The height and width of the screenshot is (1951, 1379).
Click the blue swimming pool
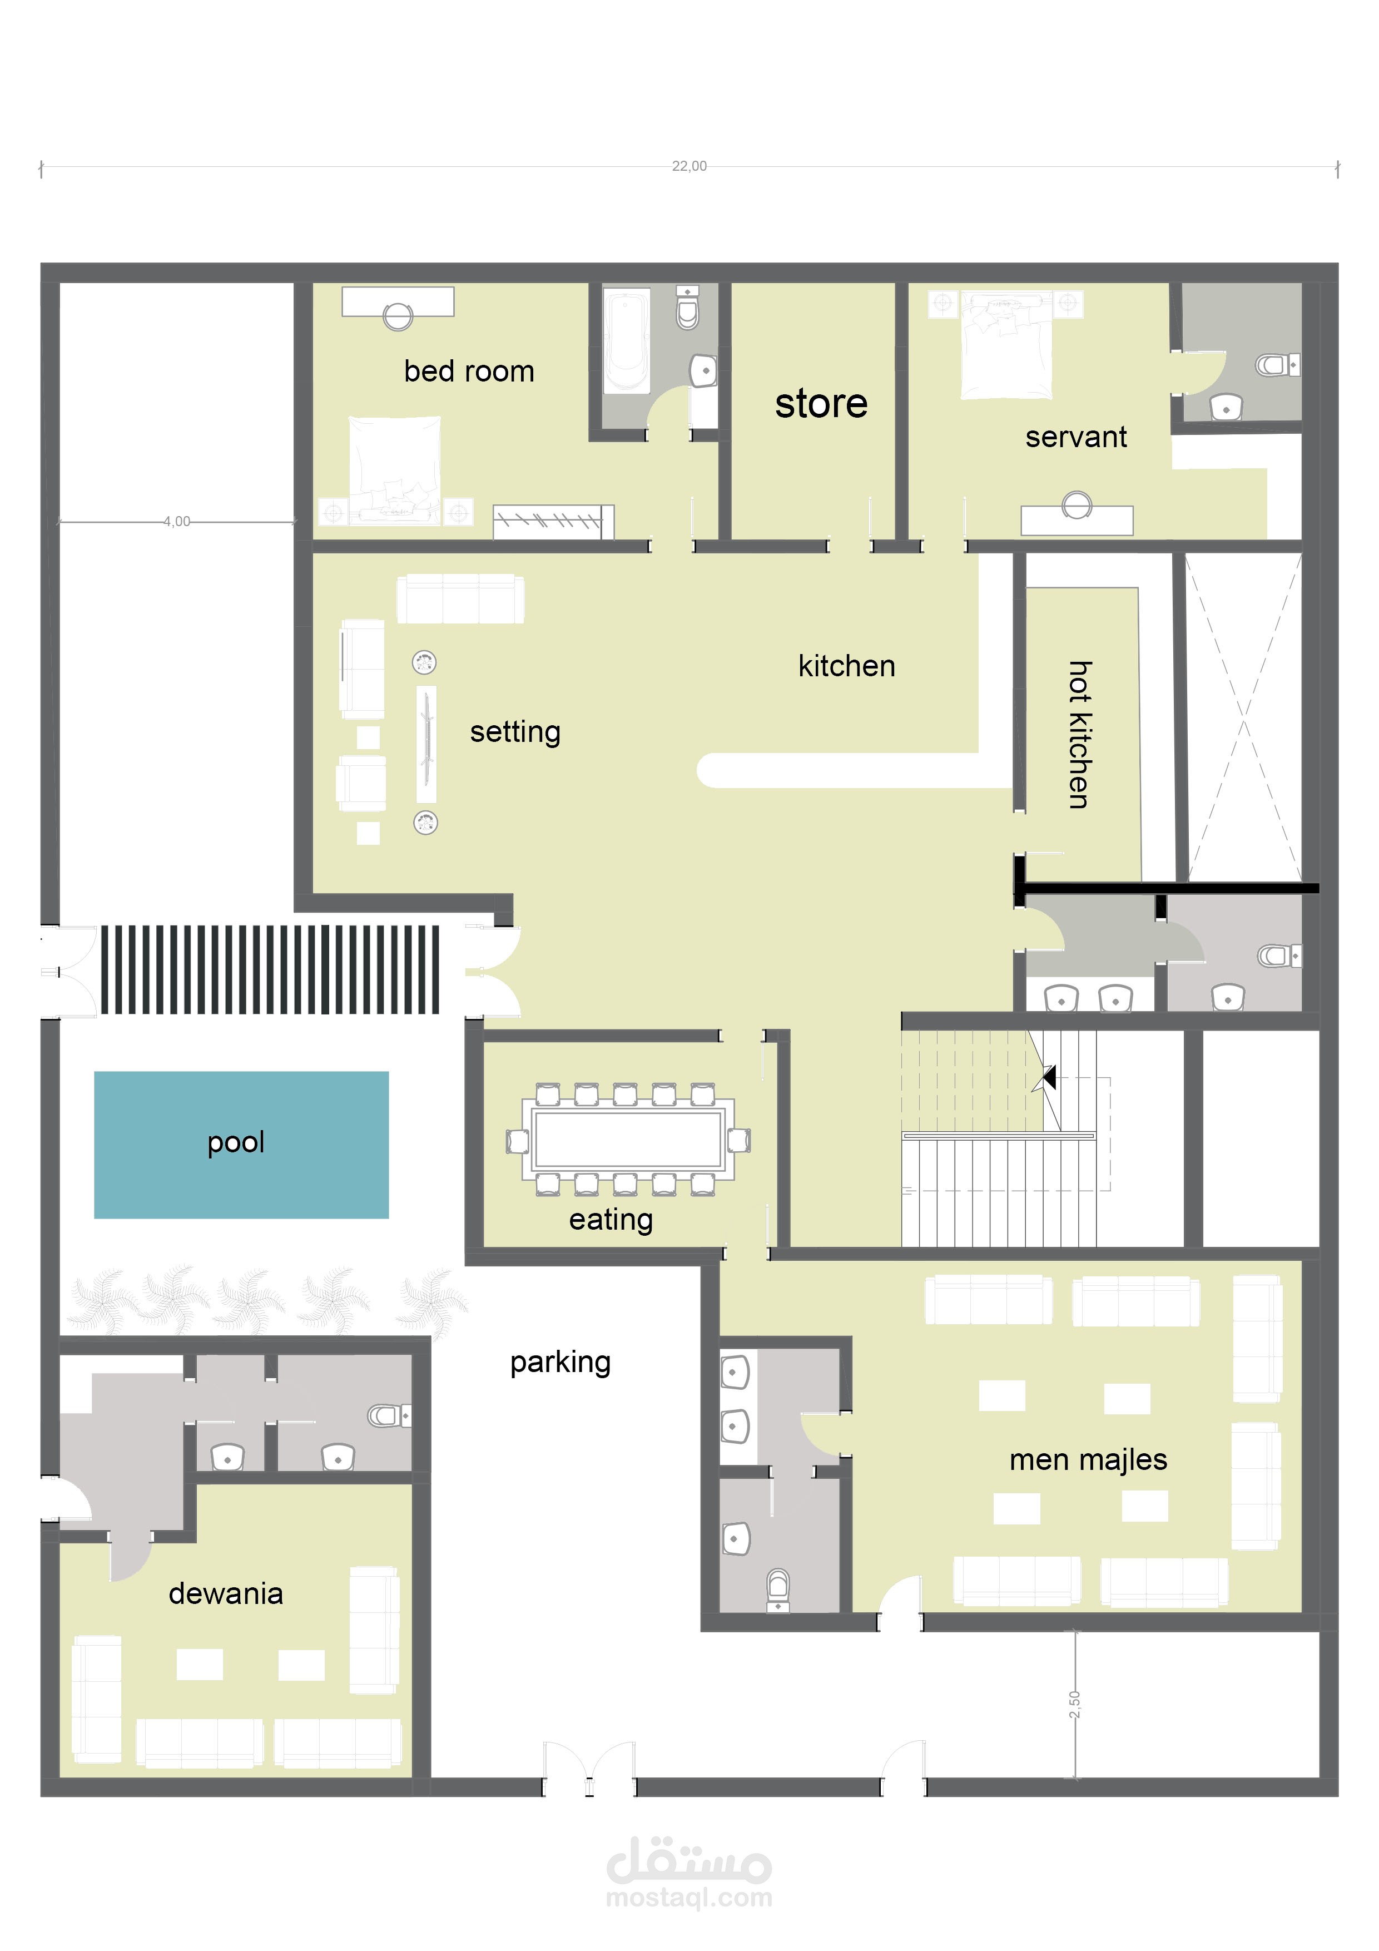(x=241, y=1145)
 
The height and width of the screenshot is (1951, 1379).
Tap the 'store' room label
(x=821, y=404)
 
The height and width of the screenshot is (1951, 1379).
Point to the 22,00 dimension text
(x=689, y=166)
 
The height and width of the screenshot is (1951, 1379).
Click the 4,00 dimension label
(x=177, y=522)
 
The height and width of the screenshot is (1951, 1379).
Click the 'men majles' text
(x=1088, y=1460)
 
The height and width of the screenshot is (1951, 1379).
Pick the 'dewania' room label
(x=225, y=1593)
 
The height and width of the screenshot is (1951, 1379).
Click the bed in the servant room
(x=1006, y=345)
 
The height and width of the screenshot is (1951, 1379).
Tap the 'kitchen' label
(x=846, y=666)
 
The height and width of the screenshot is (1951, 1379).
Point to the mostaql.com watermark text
(x=689, y=1898)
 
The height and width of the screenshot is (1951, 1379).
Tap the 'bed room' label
(x=469, y=372)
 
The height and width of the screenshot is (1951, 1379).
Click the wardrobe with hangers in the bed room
(x=553, y=522)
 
